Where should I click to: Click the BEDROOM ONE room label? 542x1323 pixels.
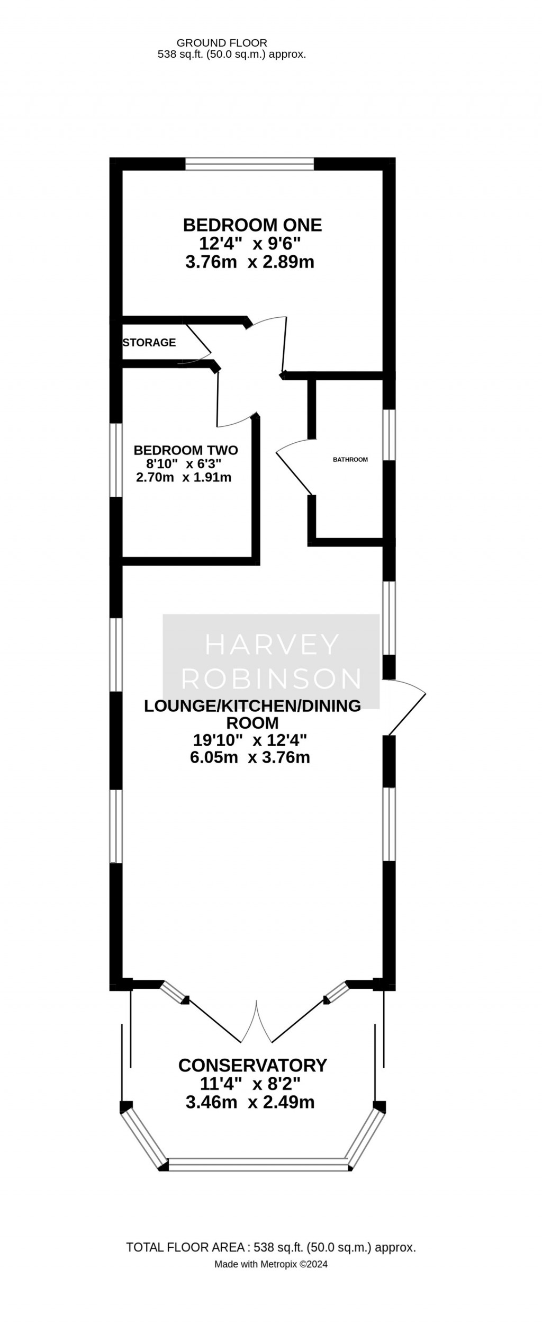[x=252, y=225]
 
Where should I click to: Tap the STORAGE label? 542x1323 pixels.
[x=149, y=343]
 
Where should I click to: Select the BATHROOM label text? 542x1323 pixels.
[x=350, y=460]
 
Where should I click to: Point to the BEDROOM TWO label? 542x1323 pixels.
[x=186, y=450]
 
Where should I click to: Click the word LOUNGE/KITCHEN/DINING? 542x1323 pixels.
[x=252, y=706]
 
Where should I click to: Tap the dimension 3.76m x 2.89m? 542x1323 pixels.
[x=250, y=262]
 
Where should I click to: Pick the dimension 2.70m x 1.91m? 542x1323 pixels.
[x=184, y=477]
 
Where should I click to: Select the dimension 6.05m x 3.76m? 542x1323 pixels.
[x=250, y=757]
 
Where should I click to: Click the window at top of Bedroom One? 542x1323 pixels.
[x=250, y=164]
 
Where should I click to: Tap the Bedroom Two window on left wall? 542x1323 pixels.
[x=116, y=460]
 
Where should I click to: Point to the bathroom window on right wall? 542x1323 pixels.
[x=389, y=435]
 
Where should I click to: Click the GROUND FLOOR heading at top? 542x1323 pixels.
[x=222, y=43]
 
